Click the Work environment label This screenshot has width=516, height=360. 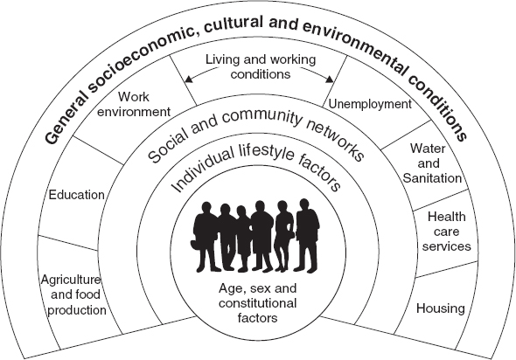pyautogui.click(x=134, y=104)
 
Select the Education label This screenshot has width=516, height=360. pyautogui.click(x=77, y=195)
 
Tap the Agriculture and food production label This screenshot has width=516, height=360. pyautogui.click(x=74, y=295)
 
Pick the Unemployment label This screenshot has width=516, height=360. pyautogui.click(x=370, y=104)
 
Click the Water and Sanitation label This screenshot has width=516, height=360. pyautogui.click(x=431, y=163)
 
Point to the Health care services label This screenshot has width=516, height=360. pyautogui.click(x=447, y=232)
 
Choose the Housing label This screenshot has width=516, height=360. pyautogui.click(x=440, y=308)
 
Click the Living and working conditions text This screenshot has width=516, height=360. pyautogui.click(x=261, y=66)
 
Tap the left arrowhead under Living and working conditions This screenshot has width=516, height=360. pyautogui.click(x=189, y=79)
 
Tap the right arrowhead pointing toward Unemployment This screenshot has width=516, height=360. pyautogui.click(x=330, y=79)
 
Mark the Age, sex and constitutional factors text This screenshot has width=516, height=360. pyautogui.click(x=258, y=303)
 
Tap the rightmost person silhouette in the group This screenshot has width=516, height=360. pyautogui.click(x=307, y=235)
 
